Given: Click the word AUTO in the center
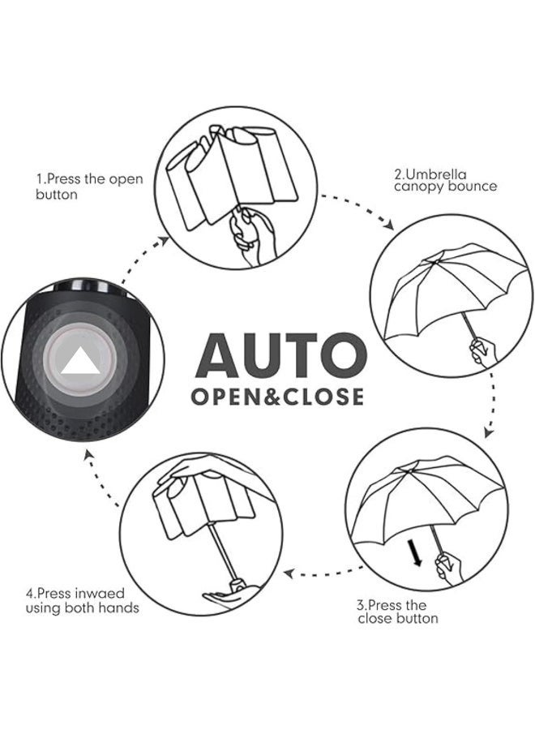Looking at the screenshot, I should [x=280, y=354].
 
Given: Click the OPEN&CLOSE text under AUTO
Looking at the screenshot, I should [x=277, y=397].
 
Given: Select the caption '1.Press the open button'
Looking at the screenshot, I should [x=89, y=186].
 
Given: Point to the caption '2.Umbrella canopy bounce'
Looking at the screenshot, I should [x=445, y=179].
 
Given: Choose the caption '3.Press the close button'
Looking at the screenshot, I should [x=398, y=612].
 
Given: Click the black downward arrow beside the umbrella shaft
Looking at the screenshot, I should [x=416, y=553].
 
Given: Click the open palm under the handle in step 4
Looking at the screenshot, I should [x=229, y=596].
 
